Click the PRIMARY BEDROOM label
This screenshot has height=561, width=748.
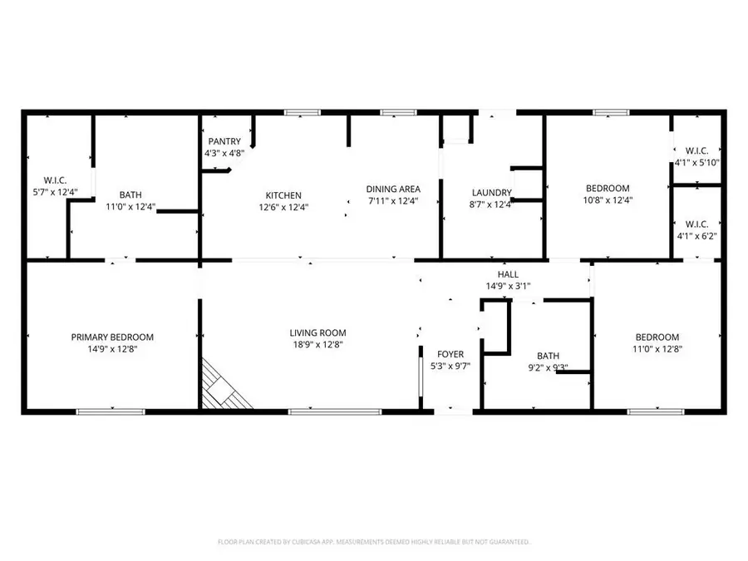[112, 337]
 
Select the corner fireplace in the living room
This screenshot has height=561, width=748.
[223, 388]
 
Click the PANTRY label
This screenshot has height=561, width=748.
[224, 141]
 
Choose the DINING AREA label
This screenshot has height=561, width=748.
[393, 189]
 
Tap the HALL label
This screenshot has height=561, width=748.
[508, 274]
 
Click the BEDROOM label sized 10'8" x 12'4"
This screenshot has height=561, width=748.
[608, 188]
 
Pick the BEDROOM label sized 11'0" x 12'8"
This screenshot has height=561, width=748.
[657, 337]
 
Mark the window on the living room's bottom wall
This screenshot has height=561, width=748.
[323, 411]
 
